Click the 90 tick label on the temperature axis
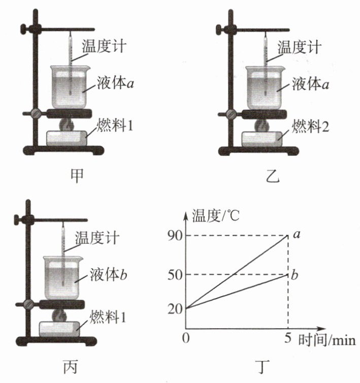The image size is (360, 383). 175,236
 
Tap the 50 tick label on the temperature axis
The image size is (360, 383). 175,275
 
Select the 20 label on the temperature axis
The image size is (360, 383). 175,309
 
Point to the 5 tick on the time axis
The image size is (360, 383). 288,338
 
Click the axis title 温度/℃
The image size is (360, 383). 215,215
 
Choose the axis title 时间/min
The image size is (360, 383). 327,340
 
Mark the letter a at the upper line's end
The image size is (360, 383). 297,234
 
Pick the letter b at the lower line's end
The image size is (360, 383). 294,274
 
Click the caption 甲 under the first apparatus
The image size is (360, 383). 77,176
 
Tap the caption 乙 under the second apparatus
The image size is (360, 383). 272,176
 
